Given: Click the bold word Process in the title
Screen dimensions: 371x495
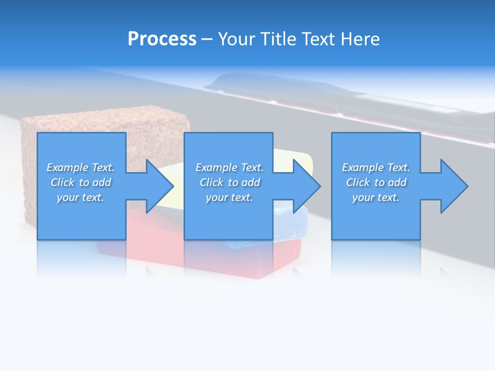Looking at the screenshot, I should [x=162, y=39].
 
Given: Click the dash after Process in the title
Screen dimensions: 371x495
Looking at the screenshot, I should [x=207, y=40].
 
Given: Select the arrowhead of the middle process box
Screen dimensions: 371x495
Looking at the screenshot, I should [x=306, y=186].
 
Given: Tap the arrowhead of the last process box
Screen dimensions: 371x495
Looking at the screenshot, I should [x=453, y=186].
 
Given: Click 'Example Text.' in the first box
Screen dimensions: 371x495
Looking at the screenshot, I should [x=80, y=167].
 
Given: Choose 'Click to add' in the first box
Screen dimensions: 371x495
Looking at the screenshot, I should [x=80, y=182].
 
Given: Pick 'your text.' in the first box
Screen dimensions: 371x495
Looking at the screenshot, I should [x=80, y=197].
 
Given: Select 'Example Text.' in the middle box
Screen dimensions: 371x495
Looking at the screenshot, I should [x=229, y=167].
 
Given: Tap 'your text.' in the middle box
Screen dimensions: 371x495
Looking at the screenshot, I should [x=229, y=197].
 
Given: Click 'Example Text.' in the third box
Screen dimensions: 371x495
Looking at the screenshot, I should [x=375, y=167].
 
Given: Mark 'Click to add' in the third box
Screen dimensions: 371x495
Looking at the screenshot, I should [x=375, y=182].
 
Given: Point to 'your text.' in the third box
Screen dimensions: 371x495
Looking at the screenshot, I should [x=375, y=197].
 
